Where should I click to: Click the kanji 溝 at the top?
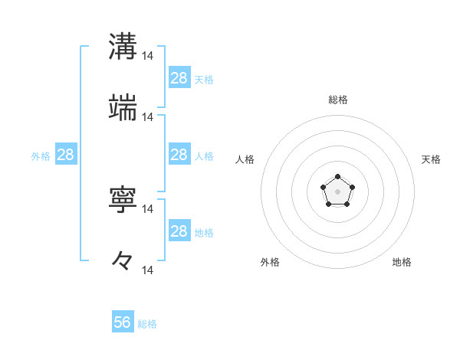coord(123,47)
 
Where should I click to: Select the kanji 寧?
coord(123,199)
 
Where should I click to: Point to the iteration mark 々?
coord(123,260)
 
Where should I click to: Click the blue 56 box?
coord(123,322)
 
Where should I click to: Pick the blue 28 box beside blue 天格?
coord(179,77)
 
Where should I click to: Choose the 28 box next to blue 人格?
coord(179,155)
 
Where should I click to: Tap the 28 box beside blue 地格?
coord(179,231)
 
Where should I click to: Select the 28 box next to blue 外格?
coord(66,155)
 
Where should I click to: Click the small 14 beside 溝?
coord(148,56)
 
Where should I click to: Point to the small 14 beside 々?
coord(148,270)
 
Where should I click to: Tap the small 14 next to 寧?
coord(148,208)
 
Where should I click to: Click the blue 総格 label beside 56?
coord(147,324)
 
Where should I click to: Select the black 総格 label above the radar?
coord(338,100)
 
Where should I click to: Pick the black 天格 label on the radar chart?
coord(431,159)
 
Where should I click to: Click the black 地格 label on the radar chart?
coord(402,262)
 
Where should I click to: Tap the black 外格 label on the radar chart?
coord(270,262)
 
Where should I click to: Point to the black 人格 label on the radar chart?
coord(245,159)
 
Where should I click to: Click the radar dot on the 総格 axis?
coord(338,177)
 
